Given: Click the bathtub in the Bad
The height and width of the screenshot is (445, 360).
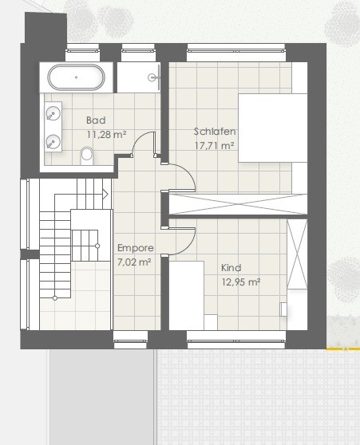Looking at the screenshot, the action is pyautogui.click(x=76, y=77).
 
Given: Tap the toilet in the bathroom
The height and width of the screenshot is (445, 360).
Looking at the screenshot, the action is pyautogui.click(x=86, y=156).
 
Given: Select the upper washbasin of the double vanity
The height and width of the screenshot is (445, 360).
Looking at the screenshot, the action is pyautogui.click(x=53, y=114).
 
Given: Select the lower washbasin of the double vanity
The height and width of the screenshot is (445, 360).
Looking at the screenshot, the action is pyautogui.click(x=53, y=142).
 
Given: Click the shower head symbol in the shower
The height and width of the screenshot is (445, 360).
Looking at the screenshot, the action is pyautogui.click(x=152, y=77).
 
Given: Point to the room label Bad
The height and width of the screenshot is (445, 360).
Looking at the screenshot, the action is pyautogui.click(x=96, y=120).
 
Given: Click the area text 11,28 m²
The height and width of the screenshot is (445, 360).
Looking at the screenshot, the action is pyautogui.click(x=106, y=134).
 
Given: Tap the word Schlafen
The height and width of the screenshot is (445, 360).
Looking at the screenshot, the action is pyautogui.click(x=215, y=132).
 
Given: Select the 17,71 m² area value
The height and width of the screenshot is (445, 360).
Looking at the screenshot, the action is pyautogui.click(x=215, y=146).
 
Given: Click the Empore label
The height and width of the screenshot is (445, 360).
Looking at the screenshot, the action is pyautogui.click(x=136, y=248).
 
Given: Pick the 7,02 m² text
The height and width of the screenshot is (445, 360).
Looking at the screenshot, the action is pyautogui.click(x=134, y=262).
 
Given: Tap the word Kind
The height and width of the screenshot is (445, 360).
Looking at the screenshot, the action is pyautogui.click(x=231, y=268).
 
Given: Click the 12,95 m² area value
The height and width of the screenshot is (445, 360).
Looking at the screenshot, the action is pyautogui.click(x=241, y=282).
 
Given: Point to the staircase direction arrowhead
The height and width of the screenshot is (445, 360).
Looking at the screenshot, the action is pyautogui.click(x=105, y=195).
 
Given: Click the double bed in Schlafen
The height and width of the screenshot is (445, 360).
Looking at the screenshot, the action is pyautogui.click(x=272, y=128).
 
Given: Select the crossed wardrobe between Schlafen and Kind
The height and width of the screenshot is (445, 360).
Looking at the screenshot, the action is pyautogui.click(x=238, y=204).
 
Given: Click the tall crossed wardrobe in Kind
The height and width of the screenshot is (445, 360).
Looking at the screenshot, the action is pyautogui.click(x=297, y=254).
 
